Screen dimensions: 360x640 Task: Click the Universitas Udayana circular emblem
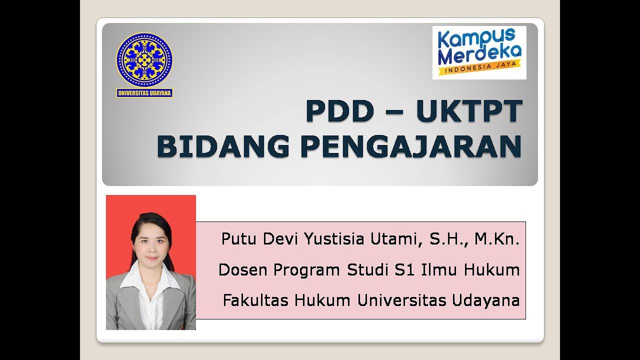click(x=144, y=60)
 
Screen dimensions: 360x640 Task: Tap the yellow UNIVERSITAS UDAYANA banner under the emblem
click(x=144, y=93)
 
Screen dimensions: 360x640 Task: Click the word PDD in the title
click(x=339, y=111)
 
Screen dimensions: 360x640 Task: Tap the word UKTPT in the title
click(x=468, y=111)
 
